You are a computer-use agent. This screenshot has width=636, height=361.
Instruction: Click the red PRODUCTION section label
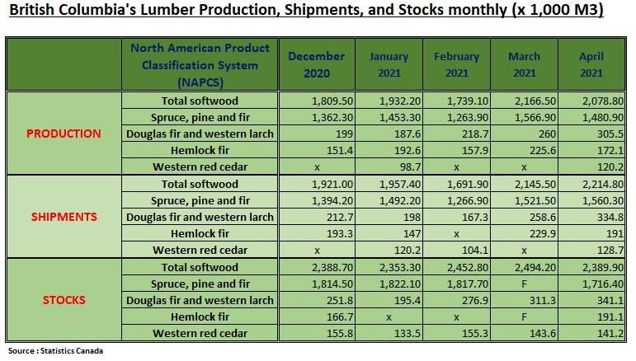pyautogui.click(x=64, y=134)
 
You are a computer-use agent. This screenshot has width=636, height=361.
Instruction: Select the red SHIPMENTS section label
pyautogui.click(x=64, y=217)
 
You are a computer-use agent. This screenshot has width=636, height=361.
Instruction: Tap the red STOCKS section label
pyautogui.click(x=64, y=300)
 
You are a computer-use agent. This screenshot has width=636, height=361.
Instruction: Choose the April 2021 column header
pyautogui.click(x=591, y=64)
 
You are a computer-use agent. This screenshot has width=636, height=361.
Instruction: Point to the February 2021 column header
pyautogui.click(x=456, y=64)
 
